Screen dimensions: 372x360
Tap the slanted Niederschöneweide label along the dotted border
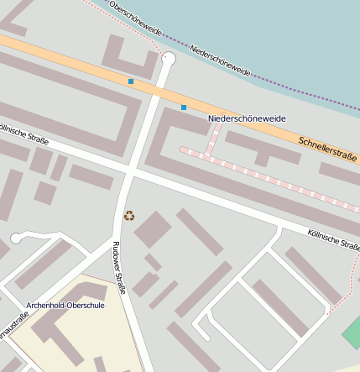pos(221,61)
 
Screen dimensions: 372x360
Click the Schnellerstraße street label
pos(326,149)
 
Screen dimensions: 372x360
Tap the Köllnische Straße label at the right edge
pos(333,238)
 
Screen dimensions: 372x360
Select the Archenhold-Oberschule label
pos(65,305)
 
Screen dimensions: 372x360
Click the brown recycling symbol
pos(128,216)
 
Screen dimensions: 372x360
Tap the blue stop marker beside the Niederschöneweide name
pos(184,107)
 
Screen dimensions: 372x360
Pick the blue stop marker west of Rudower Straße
pos(131,81)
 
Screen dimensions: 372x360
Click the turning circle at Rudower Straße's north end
pos(169,59)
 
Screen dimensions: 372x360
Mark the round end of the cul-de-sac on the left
pos(16,238)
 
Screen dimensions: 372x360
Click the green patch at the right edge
pos(352,333)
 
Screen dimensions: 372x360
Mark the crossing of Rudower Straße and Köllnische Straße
pos(128,171)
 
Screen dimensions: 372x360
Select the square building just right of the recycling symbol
pos(152,229)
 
